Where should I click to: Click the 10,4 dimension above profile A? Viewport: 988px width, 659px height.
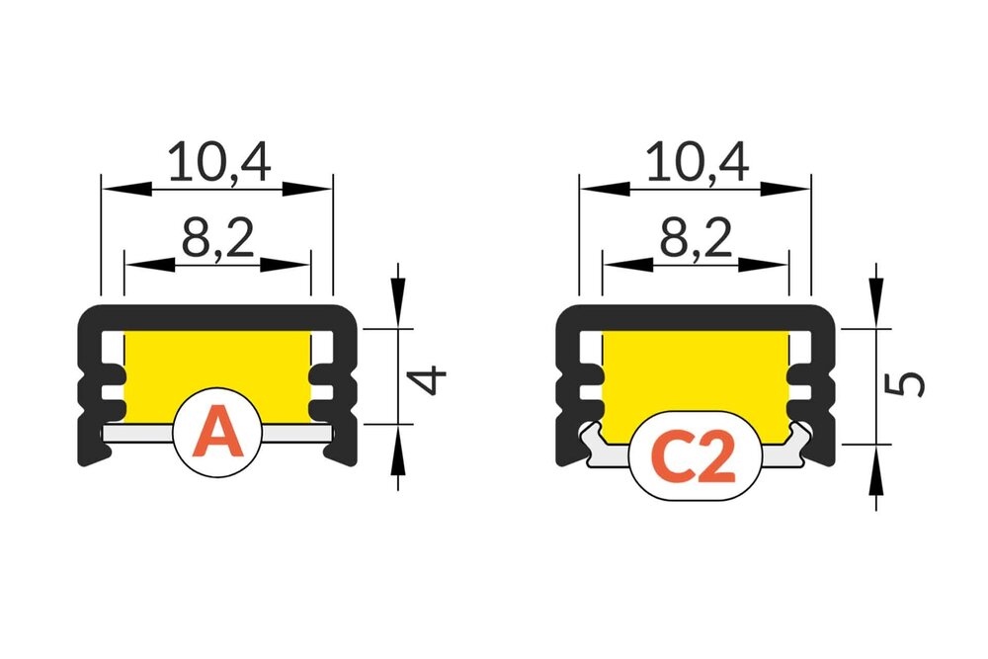point(218,162)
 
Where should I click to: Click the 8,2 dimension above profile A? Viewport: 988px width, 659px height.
point(217,239)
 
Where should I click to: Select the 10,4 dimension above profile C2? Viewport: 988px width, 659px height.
point(696,162)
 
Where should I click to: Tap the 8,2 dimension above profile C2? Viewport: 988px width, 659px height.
point(695,239)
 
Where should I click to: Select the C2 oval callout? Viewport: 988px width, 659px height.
point(696,455)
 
